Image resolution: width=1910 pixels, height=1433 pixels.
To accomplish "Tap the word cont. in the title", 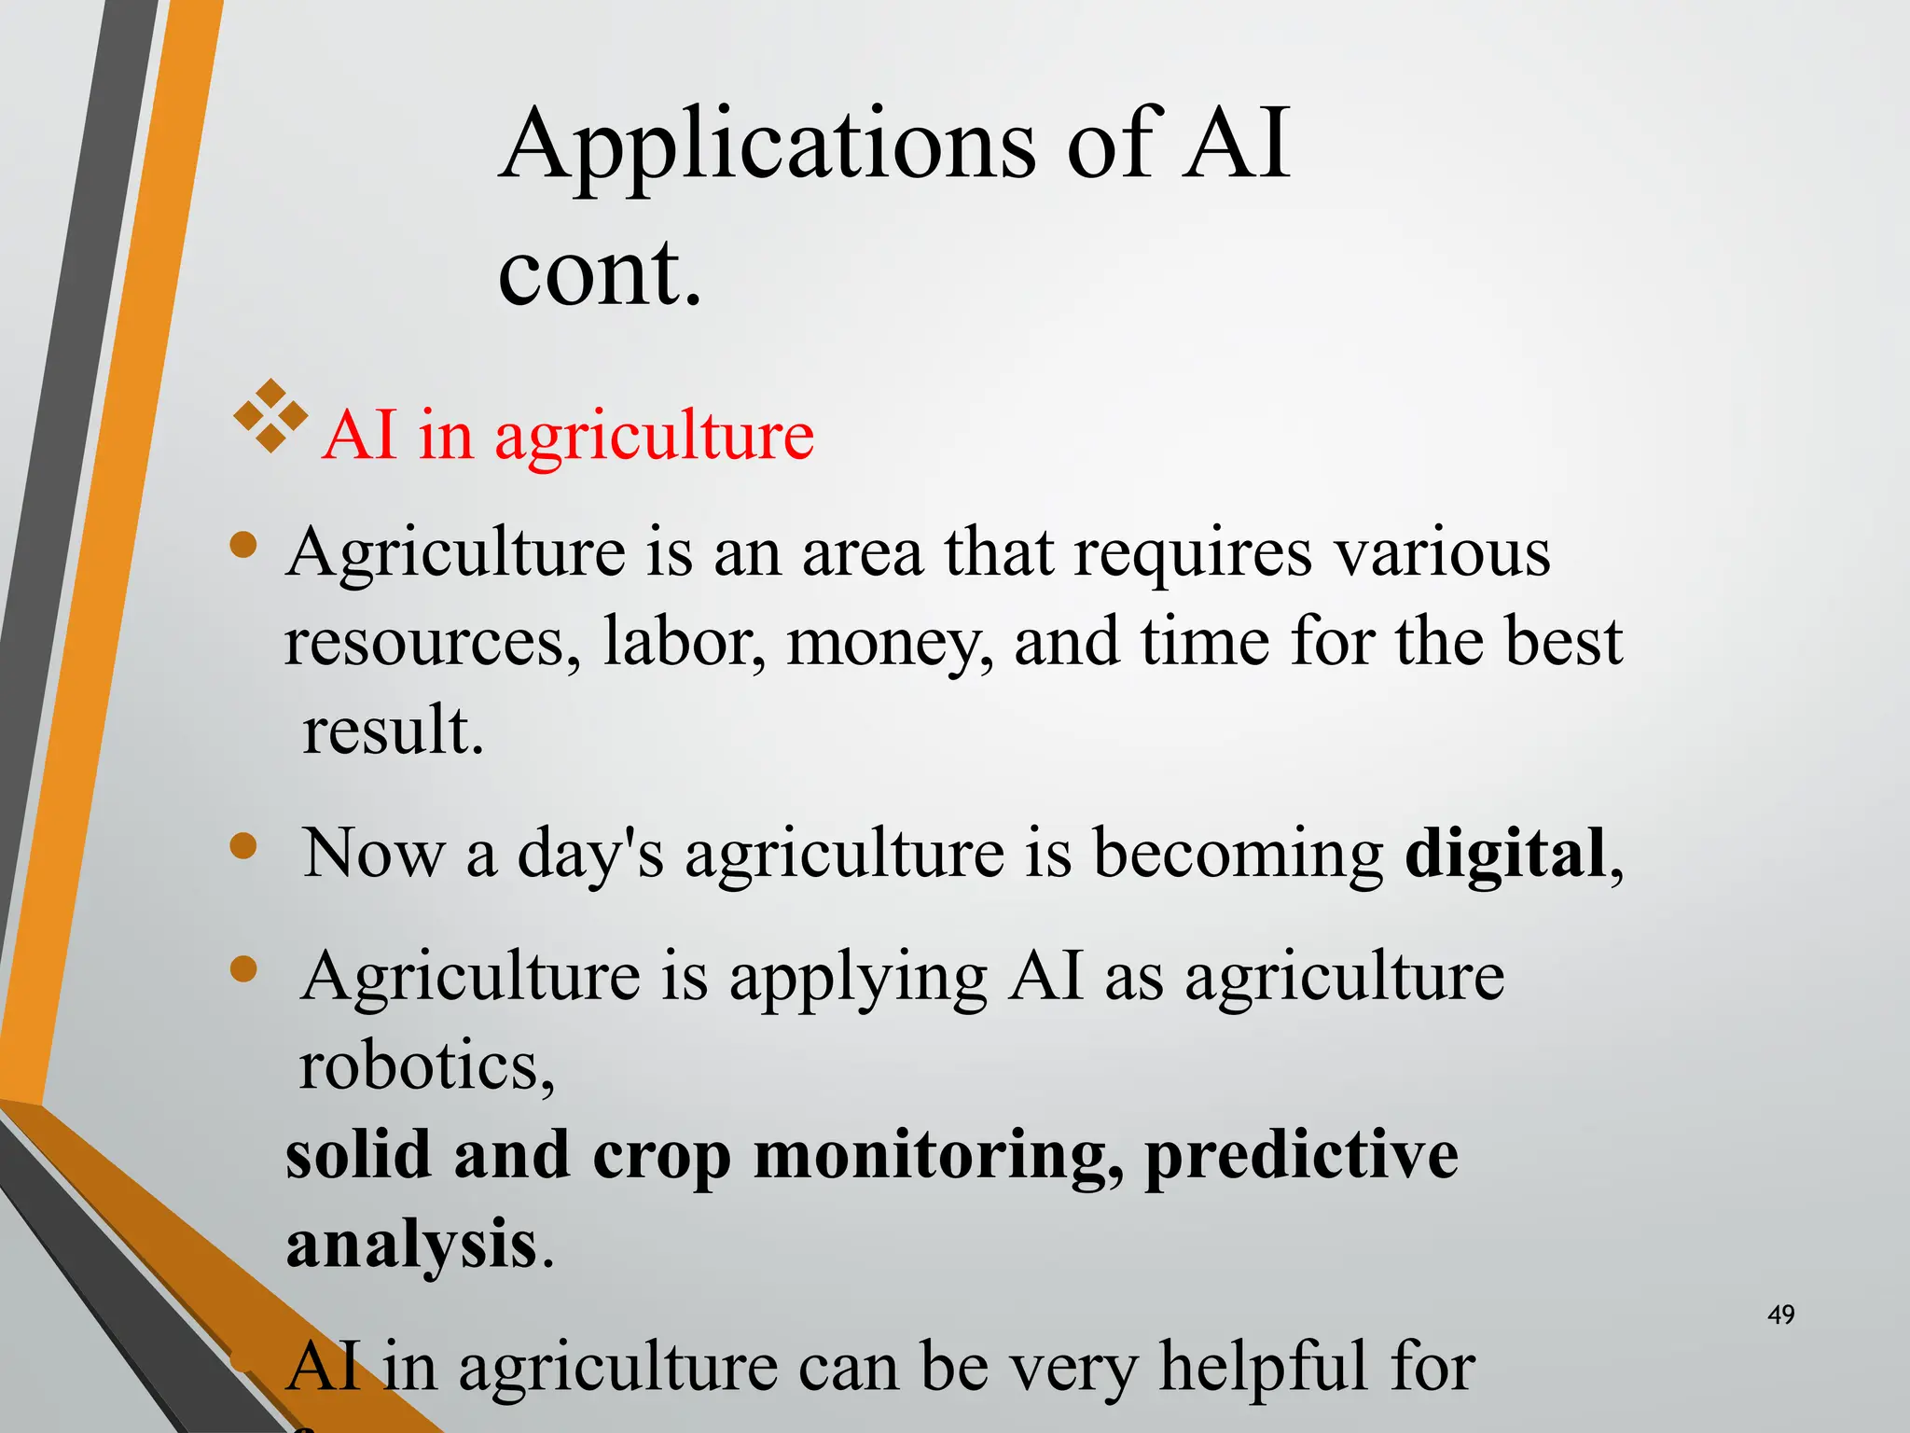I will [599, 272].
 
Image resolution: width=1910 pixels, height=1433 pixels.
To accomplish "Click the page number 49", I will [1780, 1315].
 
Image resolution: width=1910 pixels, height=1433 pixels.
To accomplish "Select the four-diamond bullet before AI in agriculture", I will [270, 416].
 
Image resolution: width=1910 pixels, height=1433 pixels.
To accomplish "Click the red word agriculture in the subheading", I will [654, 437].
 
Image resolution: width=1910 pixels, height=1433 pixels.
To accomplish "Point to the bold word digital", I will [1504, 853].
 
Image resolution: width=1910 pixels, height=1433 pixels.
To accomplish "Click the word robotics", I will [425, 1066].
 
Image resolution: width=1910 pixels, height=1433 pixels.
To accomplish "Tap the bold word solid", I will [358, 1155].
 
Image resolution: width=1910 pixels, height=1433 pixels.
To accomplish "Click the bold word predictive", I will [1301, 1155].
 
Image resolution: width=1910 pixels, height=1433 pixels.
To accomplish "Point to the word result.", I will [392, 730].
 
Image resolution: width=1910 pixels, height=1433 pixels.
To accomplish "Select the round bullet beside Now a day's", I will [243, 846].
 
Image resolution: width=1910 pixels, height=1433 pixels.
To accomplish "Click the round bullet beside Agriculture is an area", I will [243, 545].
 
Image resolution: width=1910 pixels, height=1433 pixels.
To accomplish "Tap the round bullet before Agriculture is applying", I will [243, 969].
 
